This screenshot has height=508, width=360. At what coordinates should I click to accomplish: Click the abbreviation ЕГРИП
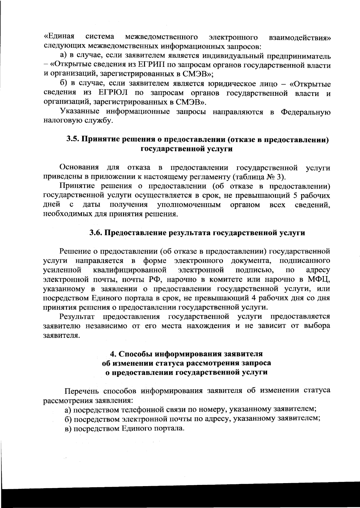pos(150,65)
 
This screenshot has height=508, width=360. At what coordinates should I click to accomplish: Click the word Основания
pos(79,167)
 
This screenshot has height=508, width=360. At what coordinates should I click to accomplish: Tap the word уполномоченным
pos(189,205)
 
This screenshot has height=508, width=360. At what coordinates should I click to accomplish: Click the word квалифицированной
pos(130,270)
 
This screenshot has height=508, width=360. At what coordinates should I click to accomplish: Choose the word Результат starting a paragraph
pos(77,316)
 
